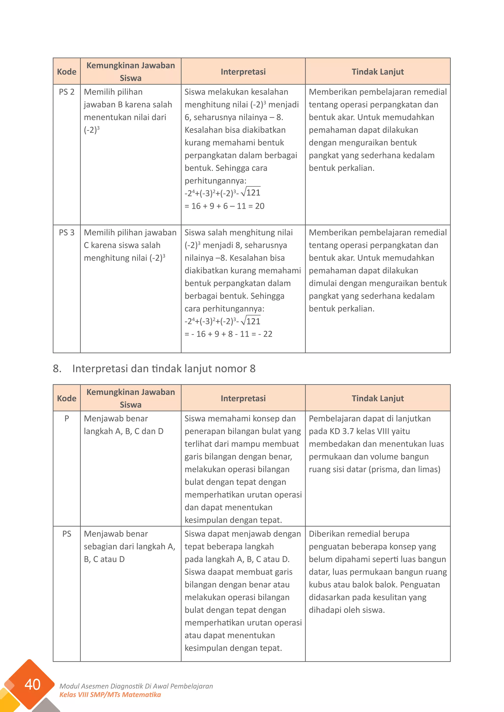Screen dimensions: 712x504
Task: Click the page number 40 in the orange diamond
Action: (32, 684)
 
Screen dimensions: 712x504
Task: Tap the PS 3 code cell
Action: (67, 233)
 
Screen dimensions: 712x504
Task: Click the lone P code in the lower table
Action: (67, 419)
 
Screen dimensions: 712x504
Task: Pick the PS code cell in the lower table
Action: (67, 534)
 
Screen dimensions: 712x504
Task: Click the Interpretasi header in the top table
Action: (243, 72)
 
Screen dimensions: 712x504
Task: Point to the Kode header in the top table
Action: (67, 72)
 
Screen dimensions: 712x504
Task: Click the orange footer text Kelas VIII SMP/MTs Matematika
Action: (110, 695)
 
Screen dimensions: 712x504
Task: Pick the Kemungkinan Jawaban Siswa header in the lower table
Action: (131, 398)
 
